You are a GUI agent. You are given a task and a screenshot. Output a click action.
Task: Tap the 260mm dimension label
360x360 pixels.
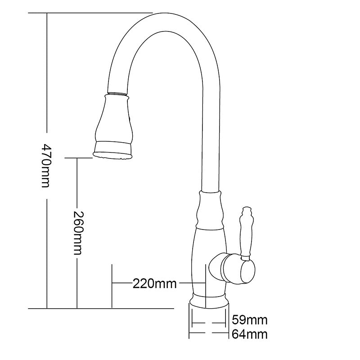click(77, 233)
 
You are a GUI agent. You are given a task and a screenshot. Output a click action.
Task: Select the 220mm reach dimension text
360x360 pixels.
click(154, 283)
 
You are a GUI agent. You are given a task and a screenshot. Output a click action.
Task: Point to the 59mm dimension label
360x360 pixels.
click(250, 320)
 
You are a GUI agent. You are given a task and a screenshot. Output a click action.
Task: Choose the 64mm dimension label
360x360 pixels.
click(250, 334)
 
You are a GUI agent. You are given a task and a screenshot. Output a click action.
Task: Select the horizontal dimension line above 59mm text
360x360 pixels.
click(208, 323)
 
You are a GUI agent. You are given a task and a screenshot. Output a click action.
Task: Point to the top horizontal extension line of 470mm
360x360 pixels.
click(90, 13)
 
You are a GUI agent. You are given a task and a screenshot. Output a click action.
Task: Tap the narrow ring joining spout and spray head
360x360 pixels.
click(117, 94)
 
